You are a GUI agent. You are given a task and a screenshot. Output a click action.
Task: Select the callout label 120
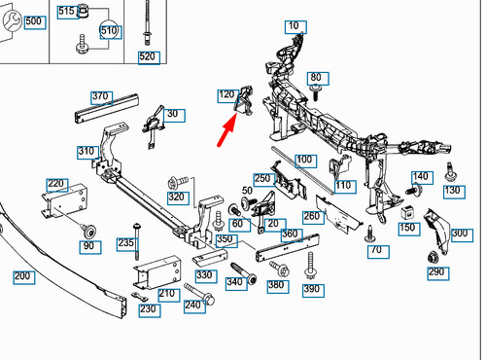(x=226, y=94)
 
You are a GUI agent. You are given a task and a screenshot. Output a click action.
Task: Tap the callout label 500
(x=34, y=21)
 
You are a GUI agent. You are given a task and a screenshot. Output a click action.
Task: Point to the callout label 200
(x=22, y=277)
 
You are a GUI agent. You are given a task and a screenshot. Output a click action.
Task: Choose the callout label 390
(x=311, y=290)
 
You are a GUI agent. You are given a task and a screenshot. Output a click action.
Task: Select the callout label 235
(x=125, y=242)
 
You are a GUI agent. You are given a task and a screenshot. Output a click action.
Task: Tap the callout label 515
(x=66, y=12)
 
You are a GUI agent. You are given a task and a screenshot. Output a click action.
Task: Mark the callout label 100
(x=304, y=159)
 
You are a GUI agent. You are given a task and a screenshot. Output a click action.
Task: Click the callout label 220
(x=55, y=184)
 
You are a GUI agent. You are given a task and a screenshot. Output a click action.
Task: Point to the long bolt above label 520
(x=147, y=24)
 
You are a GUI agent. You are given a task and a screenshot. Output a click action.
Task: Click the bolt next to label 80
(x=317, y=91)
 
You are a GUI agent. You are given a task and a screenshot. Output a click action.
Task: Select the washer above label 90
(x=88, y=231)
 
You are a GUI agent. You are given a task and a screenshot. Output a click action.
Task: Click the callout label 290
(x=436, y=272)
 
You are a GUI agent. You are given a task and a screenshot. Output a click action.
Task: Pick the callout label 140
(x=420, y=177)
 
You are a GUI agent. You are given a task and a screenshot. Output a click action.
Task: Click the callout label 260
(x=312, y=216)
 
